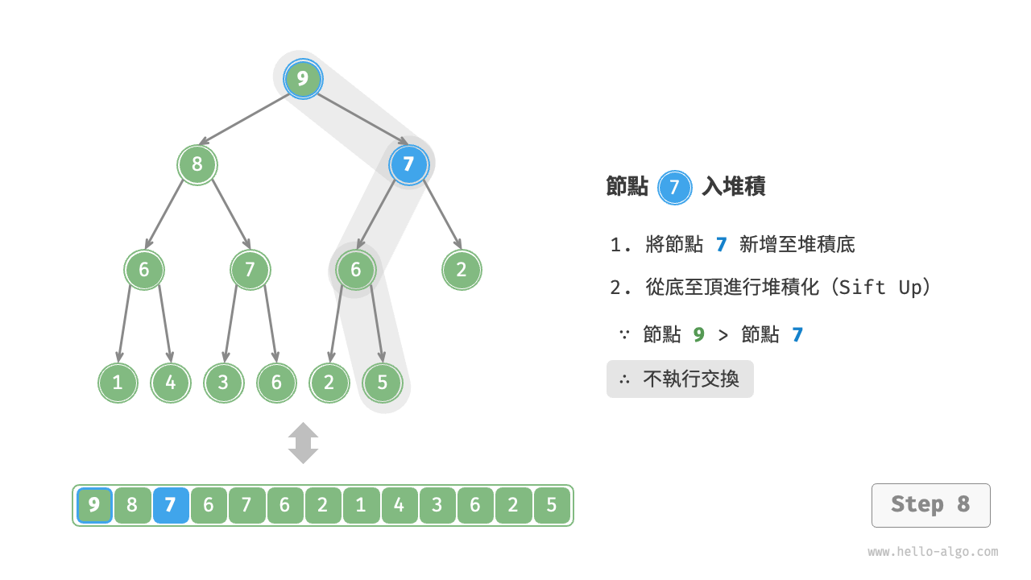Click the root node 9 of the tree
303,79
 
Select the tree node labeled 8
197,165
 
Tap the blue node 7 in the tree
408,165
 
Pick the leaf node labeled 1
118,383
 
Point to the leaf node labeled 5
382,383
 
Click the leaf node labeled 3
223,383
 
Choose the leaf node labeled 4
171,383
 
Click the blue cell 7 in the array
171,506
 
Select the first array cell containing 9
94,506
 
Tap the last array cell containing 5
552,506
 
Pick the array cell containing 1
361,506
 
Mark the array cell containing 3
437,506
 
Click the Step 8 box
930,505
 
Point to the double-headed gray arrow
304,443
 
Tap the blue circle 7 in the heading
675,188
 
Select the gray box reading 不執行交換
680,379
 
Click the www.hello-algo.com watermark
933,552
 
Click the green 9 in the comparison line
698,334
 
